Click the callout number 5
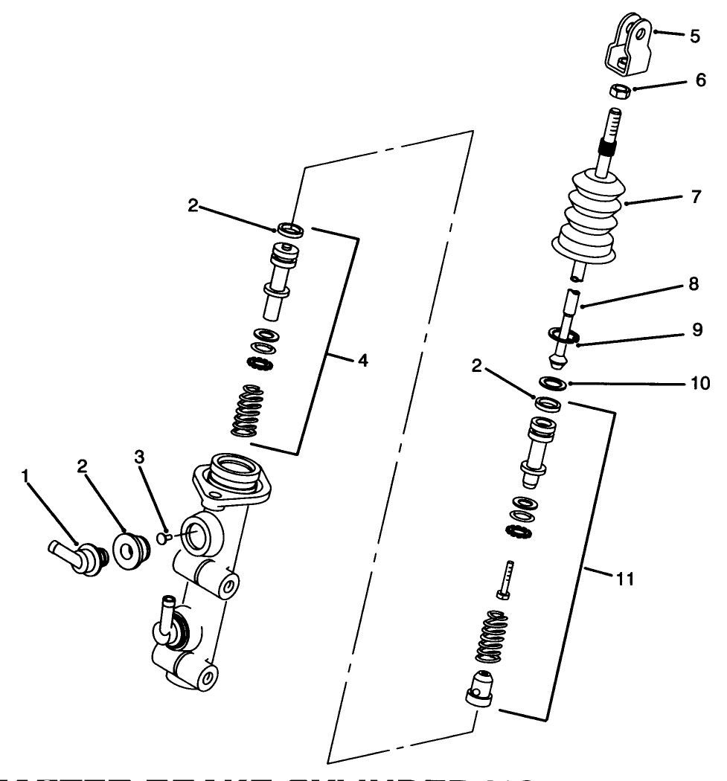coord(695,36)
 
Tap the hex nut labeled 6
coord(620,91)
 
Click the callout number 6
coord(700,80)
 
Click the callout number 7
coord(696,199)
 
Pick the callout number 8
coord(694,286)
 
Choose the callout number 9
coord(696,330)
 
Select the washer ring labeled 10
coord(552,384)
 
